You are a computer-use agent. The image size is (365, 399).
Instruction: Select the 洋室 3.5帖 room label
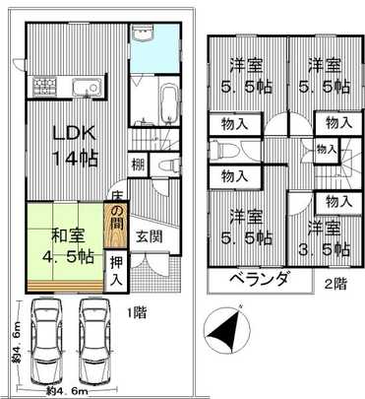coord(325,235)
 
